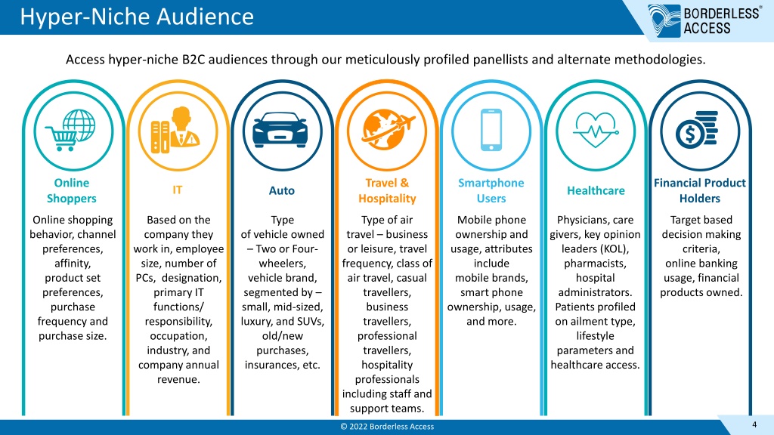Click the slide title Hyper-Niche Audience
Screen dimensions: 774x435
click(x=137, y=17)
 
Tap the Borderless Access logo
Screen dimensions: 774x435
click(x=704, y=20)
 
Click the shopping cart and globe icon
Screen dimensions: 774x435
click(x=70, y=130)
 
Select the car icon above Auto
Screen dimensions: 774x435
click(x=280, y=130)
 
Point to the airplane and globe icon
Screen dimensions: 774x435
click(x=388, y=130)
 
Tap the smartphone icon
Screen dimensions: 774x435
click(x=491, y=130)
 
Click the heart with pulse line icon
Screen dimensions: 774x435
click(x=596, y=130)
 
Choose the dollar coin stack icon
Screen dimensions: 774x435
click(x=697, y=130)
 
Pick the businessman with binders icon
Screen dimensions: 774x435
click(x=175, y=130)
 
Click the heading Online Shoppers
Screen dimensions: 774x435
click(x=72, y=190)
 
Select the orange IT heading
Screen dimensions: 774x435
click(x=177, y=190)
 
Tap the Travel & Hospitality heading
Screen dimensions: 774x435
click(x=387, y=190)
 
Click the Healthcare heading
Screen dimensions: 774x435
click(x=596, y=190)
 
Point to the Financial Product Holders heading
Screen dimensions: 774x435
click(x=699, y=190)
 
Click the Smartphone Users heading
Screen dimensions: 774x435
click(x=491, y=190)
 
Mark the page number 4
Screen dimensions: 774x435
click(x=754, y=424)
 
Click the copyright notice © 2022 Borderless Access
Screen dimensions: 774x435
click(x=387, y=427)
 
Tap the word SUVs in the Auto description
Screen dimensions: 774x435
click(x=311, y=322)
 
